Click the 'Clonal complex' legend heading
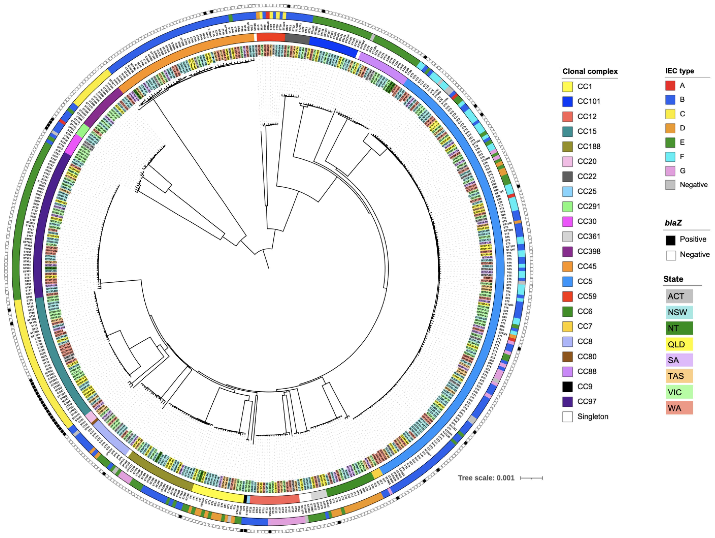coord(590,71)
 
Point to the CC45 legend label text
coord(587,266)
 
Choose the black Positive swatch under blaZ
coord(670,240)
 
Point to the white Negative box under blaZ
coord(670,255)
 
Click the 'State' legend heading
coord(673,279)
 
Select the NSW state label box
coord(679,312)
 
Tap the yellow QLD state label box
coord(679,344)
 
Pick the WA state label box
coord(679,408)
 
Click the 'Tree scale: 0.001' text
coord(486,478)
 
